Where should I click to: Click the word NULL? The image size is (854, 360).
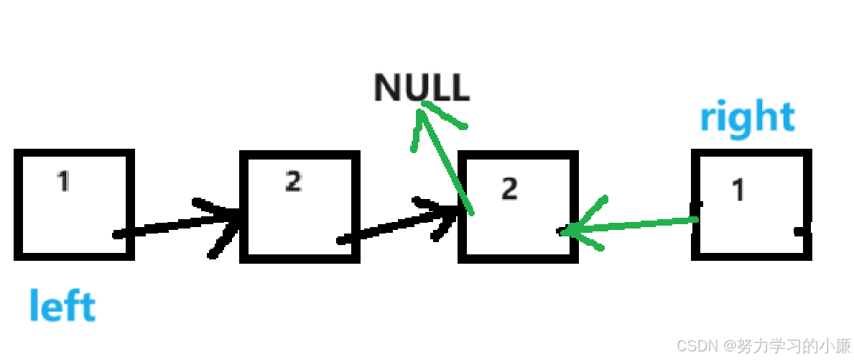(x=422, y=88)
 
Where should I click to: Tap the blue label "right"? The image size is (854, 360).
(x=747, y=117)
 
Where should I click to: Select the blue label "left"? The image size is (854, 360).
(x=62, y=305)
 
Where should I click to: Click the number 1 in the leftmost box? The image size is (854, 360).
(x=64, y=181)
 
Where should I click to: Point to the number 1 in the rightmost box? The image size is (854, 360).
(x=738, y=190)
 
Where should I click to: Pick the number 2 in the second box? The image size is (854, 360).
(x=292, y=182)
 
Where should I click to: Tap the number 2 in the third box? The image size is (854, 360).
(x=509, y=189)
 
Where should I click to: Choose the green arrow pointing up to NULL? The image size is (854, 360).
(x=445, y=158)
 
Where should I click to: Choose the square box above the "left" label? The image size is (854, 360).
(x=74, y=204)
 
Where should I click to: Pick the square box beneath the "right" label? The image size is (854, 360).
(x=751, y=204)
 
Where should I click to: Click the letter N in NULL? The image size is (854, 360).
(x=386, y=88)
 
